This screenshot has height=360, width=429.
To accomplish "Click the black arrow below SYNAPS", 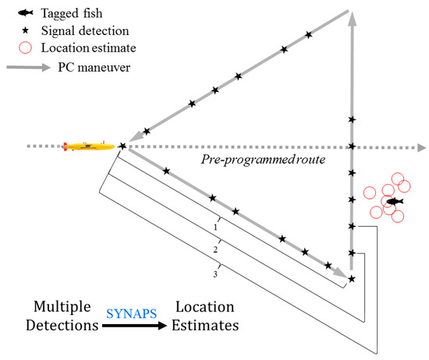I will coord(132,326).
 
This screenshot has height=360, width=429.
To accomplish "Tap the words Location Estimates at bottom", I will coord(206,318).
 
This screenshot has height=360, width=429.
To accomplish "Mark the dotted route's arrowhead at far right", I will coord(421,146).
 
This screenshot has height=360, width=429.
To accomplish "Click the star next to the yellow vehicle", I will coord(122,146).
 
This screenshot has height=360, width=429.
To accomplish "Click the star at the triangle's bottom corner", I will coord(352,278).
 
